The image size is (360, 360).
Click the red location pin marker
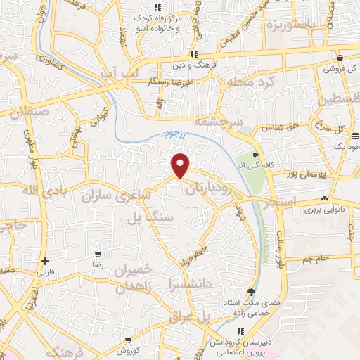pos(181,165)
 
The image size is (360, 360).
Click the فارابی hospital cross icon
pos(45,260)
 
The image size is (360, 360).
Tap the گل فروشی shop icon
pos(340,58)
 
